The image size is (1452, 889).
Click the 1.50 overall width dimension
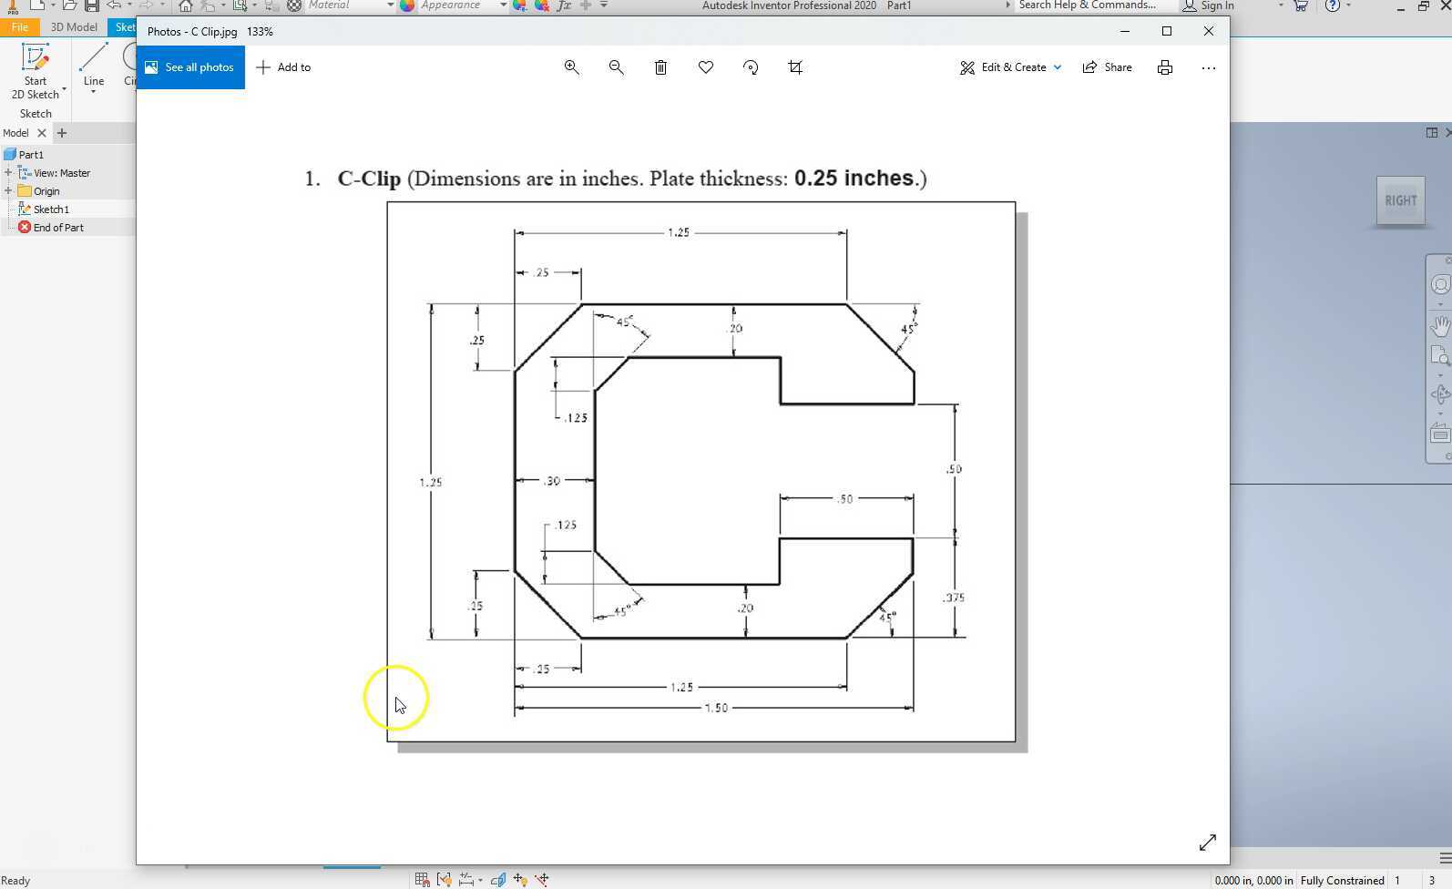pos(716,708)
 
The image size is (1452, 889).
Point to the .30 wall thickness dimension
pos(552,481)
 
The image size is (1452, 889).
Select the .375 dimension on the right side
pos(954,598)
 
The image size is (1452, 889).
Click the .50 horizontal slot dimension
pos(844,499)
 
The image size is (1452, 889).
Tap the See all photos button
pos(190,67)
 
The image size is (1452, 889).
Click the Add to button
pos(284,67)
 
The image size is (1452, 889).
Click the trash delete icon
pos(661,67)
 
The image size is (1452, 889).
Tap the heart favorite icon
pos(706,67)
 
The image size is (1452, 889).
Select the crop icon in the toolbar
pos(795,67)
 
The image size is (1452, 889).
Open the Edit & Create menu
pos(1010,67)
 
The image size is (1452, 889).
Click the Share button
pos(1107,67)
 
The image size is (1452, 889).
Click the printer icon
pos(1165,67)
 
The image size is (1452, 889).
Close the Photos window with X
pos(1209,31)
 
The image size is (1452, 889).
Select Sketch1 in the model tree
pos(51,209)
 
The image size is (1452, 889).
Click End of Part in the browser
pos(58,228)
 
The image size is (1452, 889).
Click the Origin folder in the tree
pos(46,191)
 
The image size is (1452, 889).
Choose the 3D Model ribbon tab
pos(74,27)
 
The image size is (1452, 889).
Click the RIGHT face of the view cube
pos(1400,200)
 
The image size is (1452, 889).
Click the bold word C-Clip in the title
pos(369,179)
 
